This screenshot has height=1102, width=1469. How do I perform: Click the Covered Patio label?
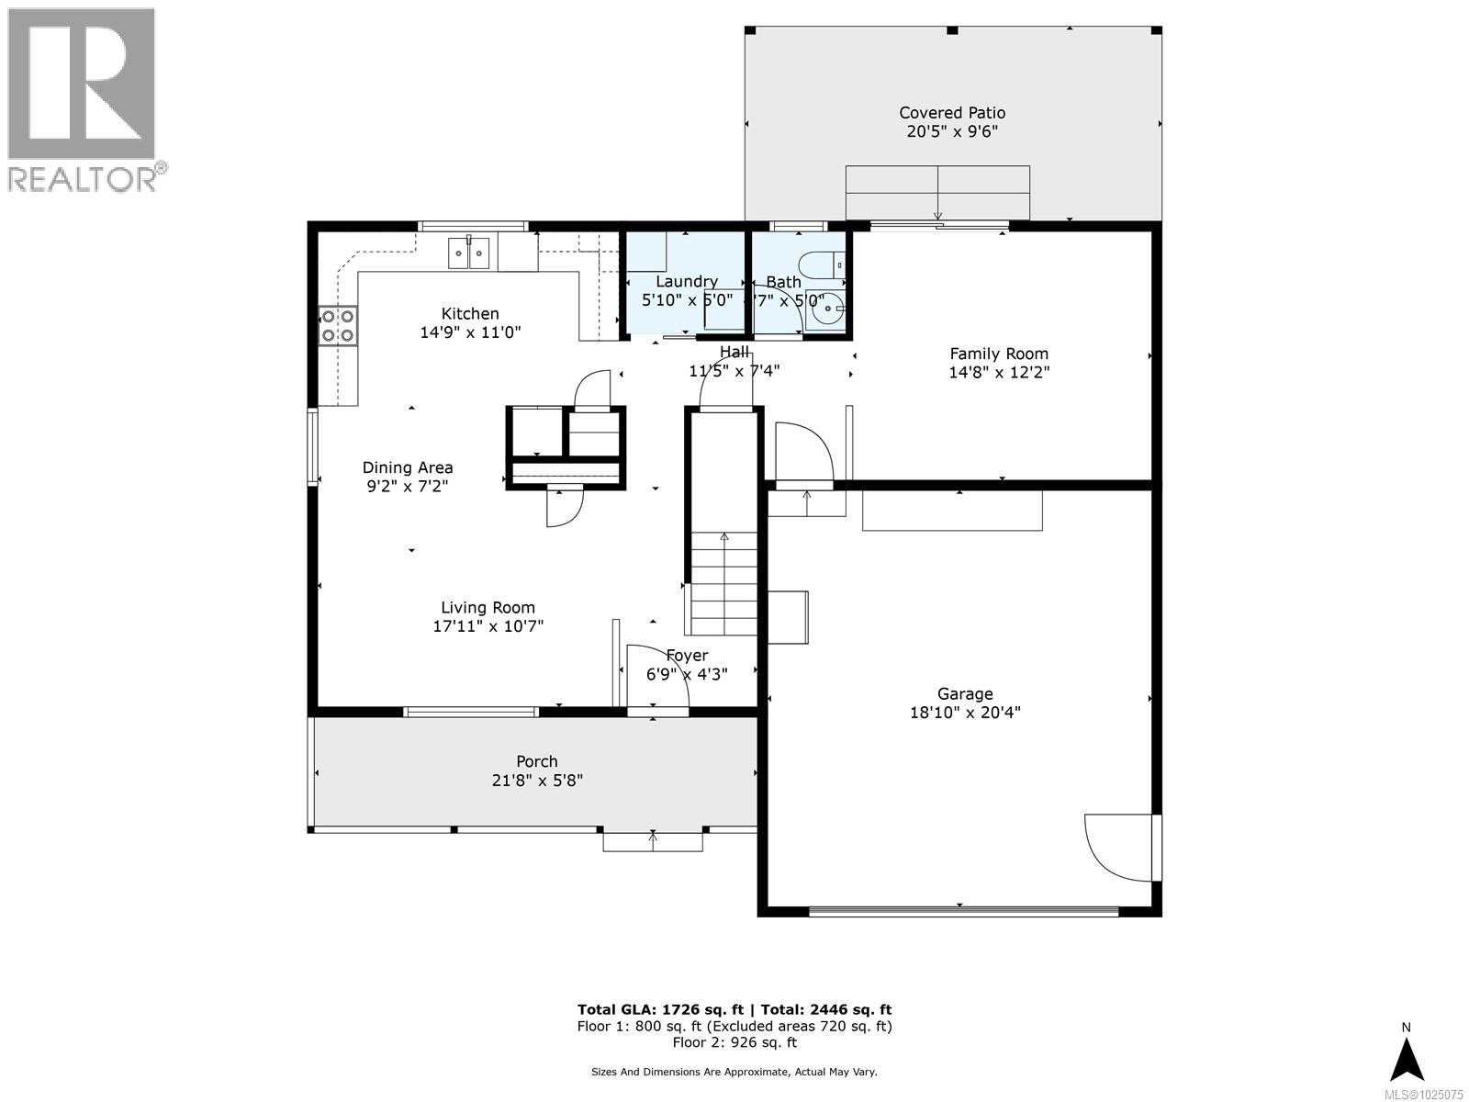click(x=952, y=113)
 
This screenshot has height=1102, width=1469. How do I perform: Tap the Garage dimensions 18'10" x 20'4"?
click(x=965, y=713)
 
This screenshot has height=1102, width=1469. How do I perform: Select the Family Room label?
click(x=999, y=354)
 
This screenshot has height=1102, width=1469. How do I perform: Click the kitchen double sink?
click(x=469, y=253)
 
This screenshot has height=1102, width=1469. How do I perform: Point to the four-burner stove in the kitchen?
click(x=338, y=326)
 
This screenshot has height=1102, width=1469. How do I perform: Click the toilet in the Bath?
click(x=823, y=266)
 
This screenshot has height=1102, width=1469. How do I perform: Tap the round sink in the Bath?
click(x=828, y=311)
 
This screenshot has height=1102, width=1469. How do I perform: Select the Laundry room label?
click(x=686, y=281)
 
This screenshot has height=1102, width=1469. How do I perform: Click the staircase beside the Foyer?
click(x=724, y=583)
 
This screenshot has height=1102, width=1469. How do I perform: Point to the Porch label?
click(x=537, y=761)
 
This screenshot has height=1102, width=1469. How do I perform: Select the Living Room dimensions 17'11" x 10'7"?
click(x=488, y=626)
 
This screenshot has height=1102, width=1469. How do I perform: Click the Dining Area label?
click(x=408, y=467)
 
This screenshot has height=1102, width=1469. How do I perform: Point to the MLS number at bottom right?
click(x=1423, y=1094)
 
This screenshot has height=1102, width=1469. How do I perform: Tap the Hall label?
click(x=734, y=352)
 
